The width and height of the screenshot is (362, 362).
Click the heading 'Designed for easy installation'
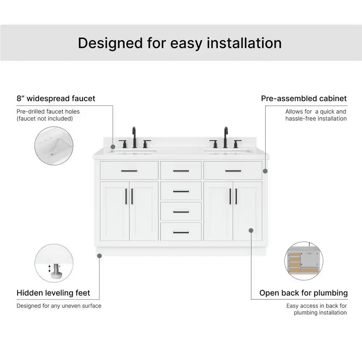180,43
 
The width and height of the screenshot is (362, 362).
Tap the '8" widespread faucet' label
56,98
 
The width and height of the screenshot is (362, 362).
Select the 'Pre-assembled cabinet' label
304,98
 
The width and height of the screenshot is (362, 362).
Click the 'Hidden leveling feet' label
53,293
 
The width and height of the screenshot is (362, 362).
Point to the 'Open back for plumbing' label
304,293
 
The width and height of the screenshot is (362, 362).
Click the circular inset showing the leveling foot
54,263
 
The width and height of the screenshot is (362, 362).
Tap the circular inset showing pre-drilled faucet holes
54,146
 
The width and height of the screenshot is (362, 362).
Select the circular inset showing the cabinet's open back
304,261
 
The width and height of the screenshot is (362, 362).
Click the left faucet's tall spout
134,137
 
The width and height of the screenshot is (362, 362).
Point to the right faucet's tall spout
226,137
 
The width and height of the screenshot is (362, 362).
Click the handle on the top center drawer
181,171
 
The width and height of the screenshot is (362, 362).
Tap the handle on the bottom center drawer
181,232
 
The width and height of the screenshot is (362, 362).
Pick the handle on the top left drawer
129,171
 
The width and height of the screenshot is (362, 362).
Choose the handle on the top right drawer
233,171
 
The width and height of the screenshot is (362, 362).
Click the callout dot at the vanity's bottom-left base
100,256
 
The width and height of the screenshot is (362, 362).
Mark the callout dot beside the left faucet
113,147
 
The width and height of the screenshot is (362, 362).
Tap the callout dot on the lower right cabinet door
251,230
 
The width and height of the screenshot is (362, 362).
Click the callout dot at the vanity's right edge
265,171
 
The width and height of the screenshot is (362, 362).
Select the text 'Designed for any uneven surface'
59,306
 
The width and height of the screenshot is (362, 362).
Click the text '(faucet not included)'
45,119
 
